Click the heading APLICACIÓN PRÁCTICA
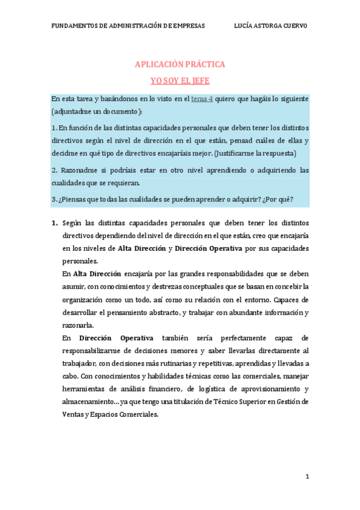point(180,64)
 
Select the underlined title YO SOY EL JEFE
point(180,80)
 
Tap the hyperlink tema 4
point(202,98)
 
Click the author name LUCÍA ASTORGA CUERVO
point(270,26)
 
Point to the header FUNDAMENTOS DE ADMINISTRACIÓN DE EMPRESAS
point(128,26)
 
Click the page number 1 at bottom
point(307,477)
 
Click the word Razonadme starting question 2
point(81,170)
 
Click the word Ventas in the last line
point(74,414)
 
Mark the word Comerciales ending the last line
point(139,414)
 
